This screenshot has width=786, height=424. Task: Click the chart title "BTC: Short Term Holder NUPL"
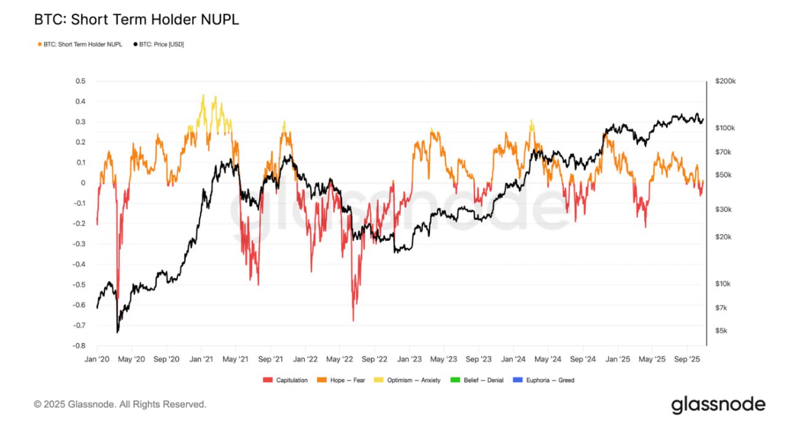[136, 20]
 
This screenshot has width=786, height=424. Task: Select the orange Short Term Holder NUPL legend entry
[80, 45]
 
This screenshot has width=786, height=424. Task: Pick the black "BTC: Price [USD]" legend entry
[158, 45]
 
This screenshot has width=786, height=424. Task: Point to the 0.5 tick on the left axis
[80, 81]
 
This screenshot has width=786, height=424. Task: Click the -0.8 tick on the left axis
[79, 345]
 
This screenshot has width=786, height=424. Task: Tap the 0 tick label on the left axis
[83, 183]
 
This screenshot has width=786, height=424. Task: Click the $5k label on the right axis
[722, 331]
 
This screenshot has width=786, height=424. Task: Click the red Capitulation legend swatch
[267, 380]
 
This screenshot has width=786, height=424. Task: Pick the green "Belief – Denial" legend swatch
[454, 380]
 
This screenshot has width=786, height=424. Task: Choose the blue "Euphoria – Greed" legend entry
[550, 380]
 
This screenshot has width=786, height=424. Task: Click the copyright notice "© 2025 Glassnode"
[120, 404]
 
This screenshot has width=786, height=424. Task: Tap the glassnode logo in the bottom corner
[718, 404]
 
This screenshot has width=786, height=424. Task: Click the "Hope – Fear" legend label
[347, 380]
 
